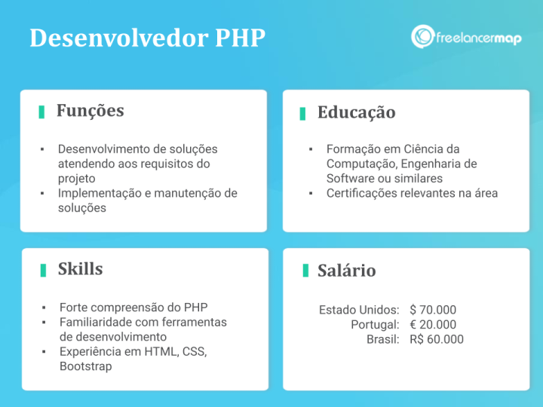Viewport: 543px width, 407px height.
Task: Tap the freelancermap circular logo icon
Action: pos(422,37)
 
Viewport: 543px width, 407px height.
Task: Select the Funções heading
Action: pos(90,111)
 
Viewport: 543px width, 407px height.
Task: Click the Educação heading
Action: pos(356,112)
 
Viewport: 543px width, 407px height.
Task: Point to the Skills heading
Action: pos(80,269)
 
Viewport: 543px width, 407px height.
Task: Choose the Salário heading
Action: pos(346,271)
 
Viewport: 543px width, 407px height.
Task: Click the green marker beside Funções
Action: pos(41,112)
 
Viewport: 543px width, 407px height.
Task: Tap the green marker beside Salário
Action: pos(305,271)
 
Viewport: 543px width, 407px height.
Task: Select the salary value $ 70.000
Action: pos(433,310)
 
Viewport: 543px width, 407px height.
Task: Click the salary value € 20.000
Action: pos(433,325)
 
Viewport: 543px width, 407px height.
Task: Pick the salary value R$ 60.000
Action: pos(437,339)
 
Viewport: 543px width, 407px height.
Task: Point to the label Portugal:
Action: pos(375,325)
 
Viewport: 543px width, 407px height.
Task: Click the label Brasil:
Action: pos(383,339)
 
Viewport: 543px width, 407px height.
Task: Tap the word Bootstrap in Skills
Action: pos(85,366)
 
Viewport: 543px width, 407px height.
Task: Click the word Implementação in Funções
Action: pos(100,193)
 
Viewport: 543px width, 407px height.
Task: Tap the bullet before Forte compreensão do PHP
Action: pos(43,308)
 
